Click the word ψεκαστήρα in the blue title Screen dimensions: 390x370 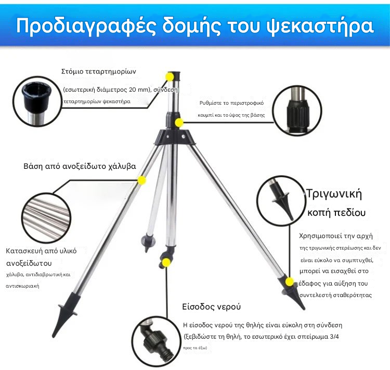coord(320,26)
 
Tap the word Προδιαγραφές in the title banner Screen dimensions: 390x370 coord(86,26)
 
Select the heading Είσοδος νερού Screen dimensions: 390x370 coord(212,306)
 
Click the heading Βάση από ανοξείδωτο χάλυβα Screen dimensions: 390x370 coord(80,166)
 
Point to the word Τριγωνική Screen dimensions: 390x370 coord(334,194)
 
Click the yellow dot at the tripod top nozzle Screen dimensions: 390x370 coord(170,77)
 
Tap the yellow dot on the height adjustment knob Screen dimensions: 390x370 coord(179,123)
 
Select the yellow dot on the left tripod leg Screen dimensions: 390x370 coord(141,180)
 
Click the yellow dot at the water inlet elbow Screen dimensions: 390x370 coord(166,262)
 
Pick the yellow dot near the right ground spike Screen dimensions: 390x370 coord(289,282)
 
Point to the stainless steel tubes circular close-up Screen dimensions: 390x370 coord(46,217)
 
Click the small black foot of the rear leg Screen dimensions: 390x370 coord(148,243)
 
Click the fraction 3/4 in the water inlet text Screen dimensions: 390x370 coord(334,337)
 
